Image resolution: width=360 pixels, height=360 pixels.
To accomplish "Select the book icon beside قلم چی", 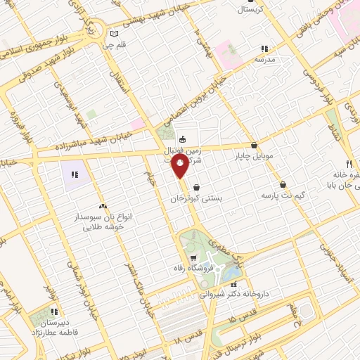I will [x=115, y=33].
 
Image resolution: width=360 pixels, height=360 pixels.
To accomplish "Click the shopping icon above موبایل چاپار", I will [x=254, y=146].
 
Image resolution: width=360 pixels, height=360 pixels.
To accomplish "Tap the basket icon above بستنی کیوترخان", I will [x=195, y=188].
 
